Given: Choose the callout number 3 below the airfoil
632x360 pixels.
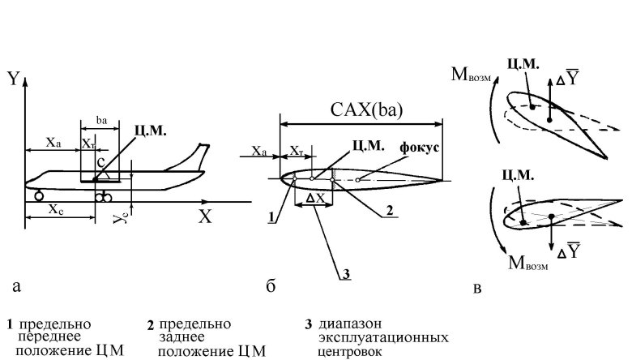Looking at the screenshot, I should click(345, 273).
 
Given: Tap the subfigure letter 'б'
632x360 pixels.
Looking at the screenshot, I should click(271, 286).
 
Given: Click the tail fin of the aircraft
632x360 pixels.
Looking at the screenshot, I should click(194, 156).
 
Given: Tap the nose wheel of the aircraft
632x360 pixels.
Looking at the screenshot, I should click(39, 195).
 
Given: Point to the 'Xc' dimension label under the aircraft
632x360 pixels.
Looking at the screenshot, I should click(56, 208).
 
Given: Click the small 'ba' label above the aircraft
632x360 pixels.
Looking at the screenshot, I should click(102, 119).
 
